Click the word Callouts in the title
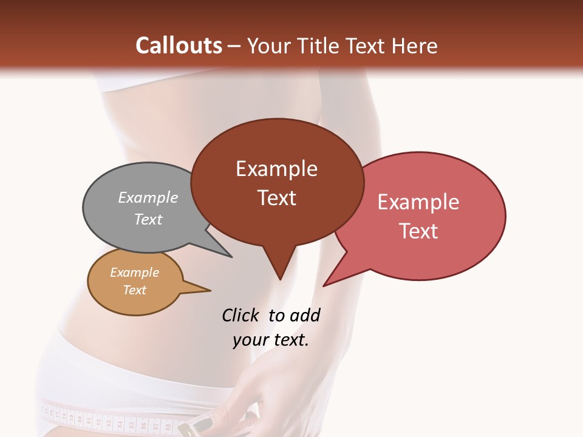(x=179, y=46)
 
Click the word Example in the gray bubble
(x=148, y=197)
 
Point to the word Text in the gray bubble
(x=148, y=219)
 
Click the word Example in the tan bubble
(x=134, y=273)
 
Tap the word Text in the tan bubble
(x=134, y=290)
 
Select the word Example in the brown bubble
(x=276, y=169)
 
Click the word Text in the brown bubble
(x=276, y=198)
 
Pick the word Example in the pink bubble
(x=418, y=202)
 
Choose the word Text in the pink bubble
(x=418, y=231)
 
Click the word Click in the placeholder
(x=240, y=315)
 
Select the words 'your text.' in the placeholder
(x=271, y=340)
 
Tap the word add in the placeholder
(x=305, y=315)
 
